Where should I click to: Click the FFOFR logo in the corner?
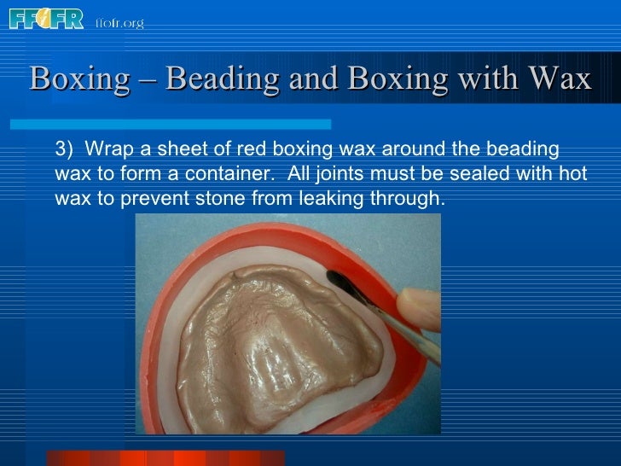(x=46, y=19)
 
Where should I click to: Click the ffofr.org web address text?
(x=119, y=23)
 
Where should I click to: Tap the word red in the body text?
(x=241, y=150)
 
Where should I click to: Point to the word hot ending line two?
(x=571, y=175)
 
